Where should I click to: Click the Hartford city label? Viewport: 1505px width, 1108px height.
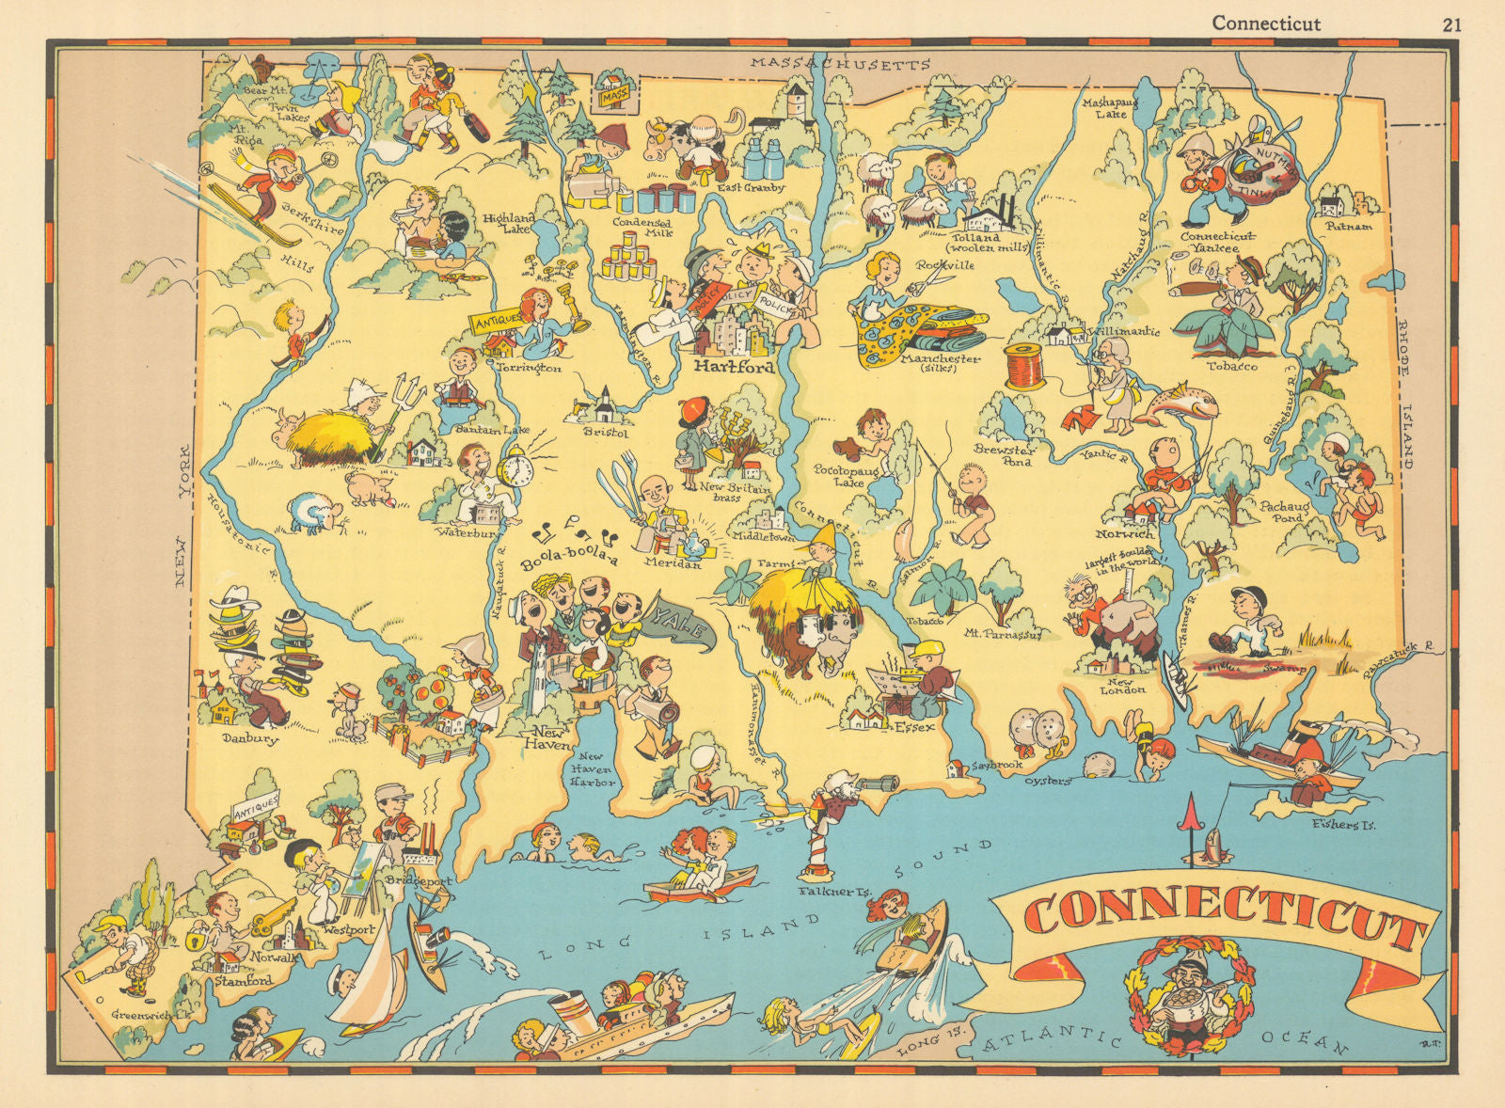[x=733, y=367]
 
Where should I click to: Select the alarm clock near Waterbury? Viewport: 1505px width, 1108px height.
[x=515, y=467]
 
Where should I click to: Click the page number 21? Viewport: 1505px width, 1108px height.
[x=1452, y=24]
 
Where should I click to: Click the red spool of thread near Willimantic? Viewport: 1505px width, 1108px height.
[x=1023, y=366]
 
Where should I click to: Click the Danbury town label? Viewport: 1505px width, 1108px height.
[x=250, y=739]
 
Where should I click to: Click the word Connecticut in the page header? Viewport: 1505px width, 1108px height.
[x=1265, y=24]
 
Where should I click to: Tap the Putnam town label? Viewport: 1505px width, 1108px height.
[x=1348, y=227]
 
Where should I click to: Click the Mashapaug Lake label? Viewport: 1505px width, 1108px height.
[x=1104, y=107]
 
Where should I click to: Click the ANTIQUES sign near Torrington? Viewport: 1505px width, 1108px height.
[x=496, y=321]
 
